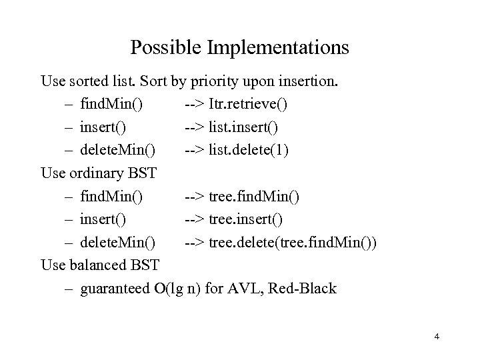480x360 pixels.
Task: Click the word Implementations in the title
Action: (x=279, y=48)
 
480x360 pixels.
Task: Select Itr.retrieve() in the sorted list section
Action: (x=249, y=105)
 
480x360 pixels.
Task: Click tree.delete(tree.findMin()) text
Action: (x=293, y=243)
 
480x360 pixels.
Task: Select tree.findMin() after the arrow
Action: (x=254, y=197)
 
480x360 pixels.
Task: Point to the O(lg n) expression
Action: (x=174, y=289)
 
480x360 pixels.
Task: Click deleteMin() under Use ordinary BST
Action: (x=118, y=243)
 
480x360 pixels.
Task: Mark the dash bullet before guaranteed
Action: (x=70, y=289)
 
